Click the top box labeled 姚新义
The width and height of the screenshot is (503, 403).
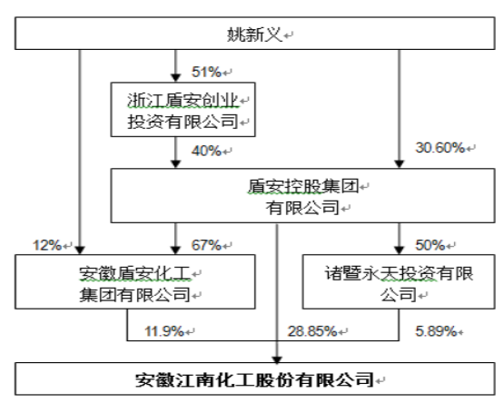[x=255, y=34]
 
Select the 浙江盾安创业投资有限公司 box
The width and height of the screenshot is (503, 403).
[x=182, y=110]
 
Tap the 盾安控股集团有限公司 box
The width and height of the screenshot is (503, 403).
[x=303, y=195]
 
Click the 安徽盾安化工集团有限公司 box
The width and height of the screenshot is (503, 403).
[x=135, y=281]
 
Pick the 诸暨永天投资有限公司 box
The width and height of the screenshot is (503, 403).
[x=399, y=281]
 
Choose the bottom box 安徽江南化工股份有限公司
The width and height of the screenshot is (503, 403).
[x=255, y=379]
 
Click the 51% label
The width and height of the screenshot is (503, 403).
[x=206, y=72]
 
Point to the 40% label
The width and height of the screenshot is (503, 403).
[x=206, y=151]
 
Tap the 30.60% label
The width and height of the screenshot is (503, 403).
[x=439, y=148]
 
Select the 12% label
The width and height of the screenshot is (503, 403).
[x=47, y=246]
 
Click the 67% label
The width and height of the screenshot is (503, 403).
[x=206, y=246]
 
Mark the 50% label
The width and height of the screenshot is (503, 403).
[x=429, y=246]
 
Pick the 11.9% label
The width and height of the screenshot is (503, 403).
[x=164, y=331]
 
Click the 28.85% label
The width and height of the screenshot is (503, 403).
[x=312, y=331]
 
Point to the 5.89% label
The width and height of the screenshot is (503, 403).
[x=436, y=331]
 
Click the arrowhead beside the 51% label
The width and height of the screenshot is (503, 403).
[x=175, y=77]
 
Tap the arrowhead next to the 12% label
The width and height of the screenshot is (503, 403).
[x=80, y=251]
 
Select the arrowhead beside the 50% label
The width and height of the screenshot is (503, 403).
[x=399, y=251]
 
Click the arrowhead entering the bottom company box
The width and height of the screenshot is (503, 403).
[x=277, y=359]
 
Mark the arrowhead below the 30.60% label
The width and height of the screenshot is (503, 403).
[x=399, y=163]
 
